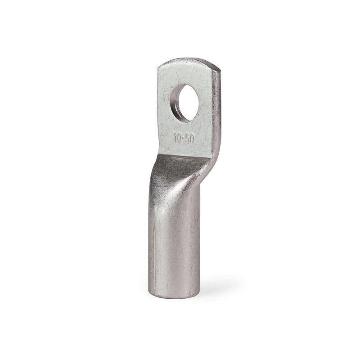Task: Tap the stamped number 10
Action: [177, 138]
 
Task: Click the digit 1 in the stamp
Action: [175, 138]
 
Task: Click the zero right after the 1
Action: [179, 139]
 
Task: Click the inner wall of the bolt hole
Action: [176, 103]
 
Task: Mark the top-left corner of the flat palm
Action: [158, 67]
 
